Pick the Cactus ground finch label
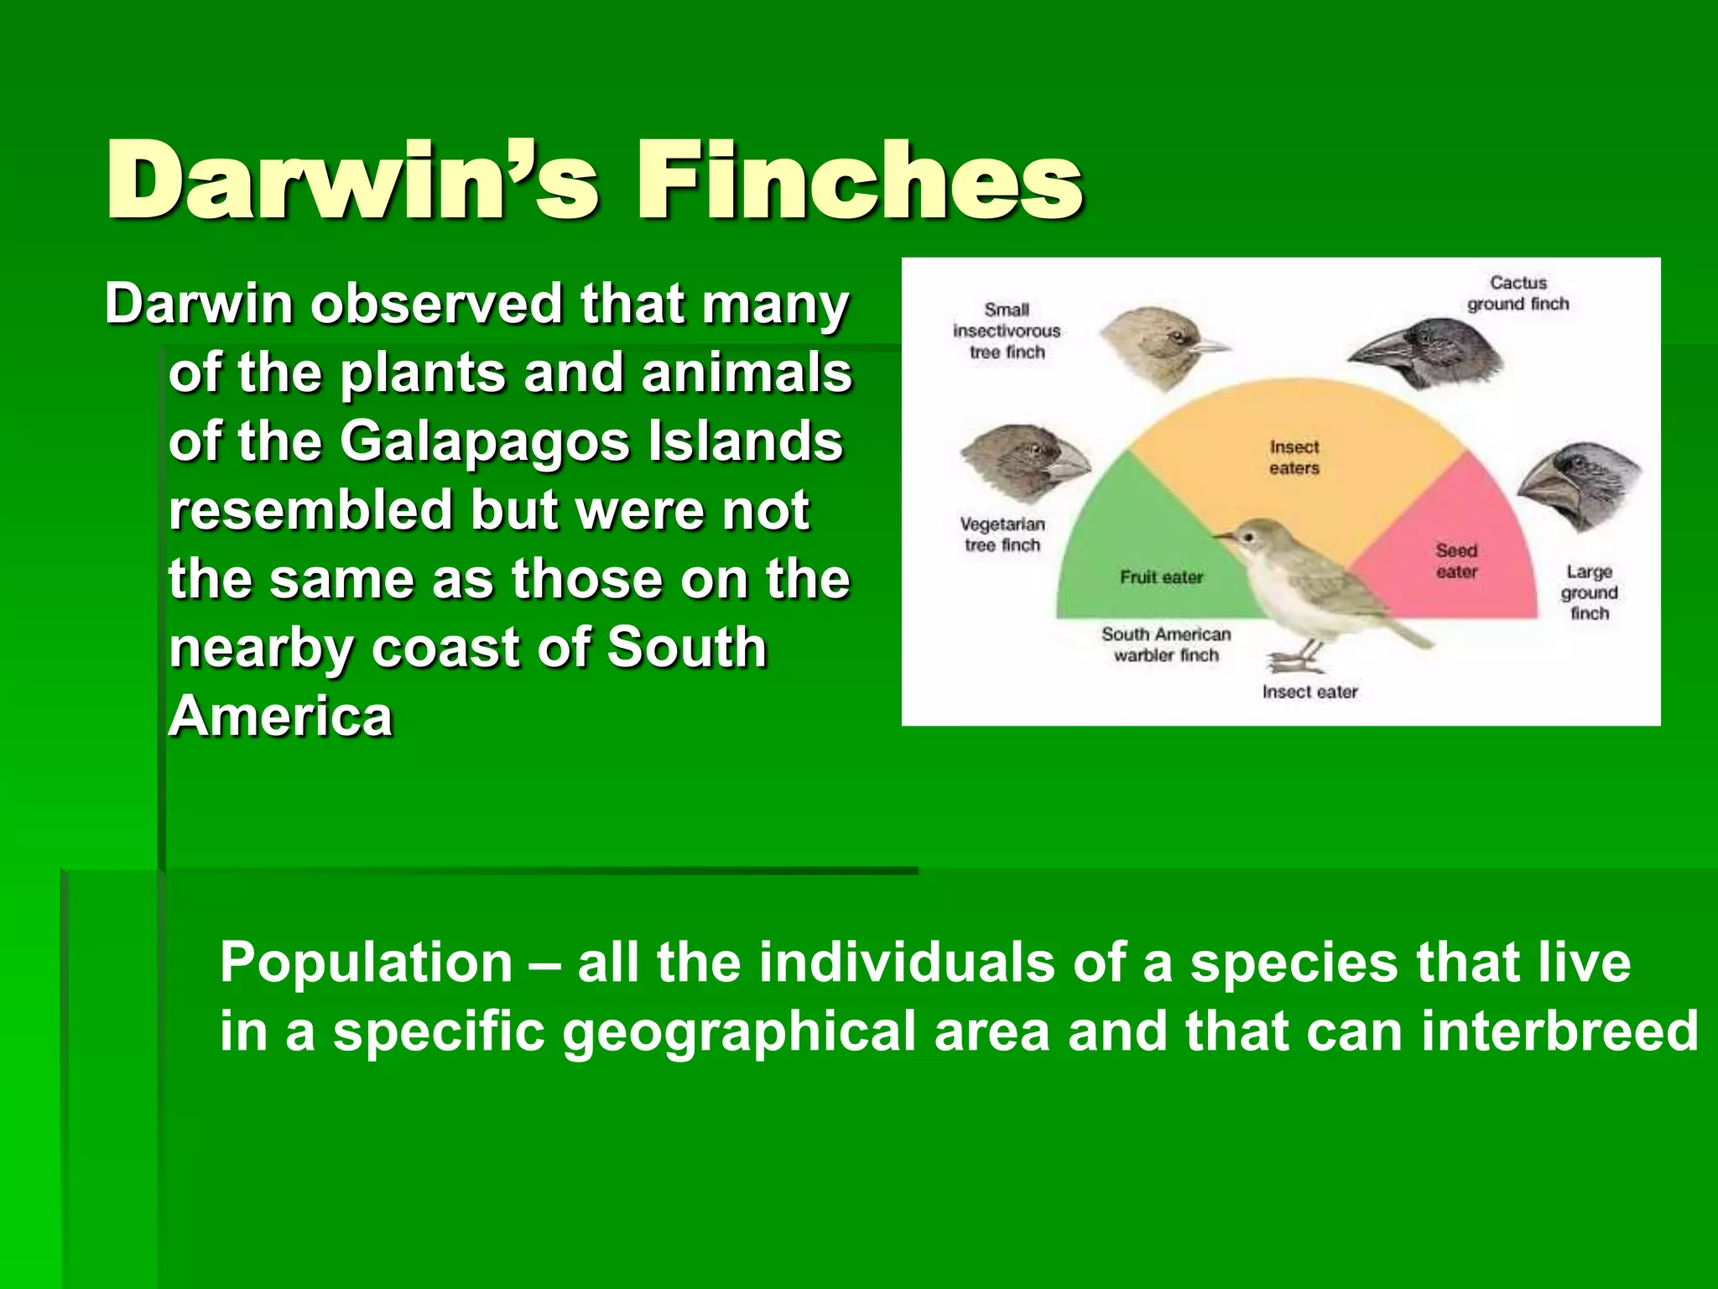[1518, 294]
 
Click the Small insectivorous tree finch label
[1007, 331]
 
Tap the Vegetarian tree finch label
[1002, 535]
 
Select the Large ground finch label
[1589, 592]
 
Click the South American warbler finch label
[1166, 644]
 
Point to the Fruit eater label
[1161, 577]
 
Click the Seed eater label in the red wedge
[1456, 561]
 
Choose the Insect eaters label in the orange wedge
[1294, 457]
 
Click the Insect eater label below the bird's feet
[1309, 692]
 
